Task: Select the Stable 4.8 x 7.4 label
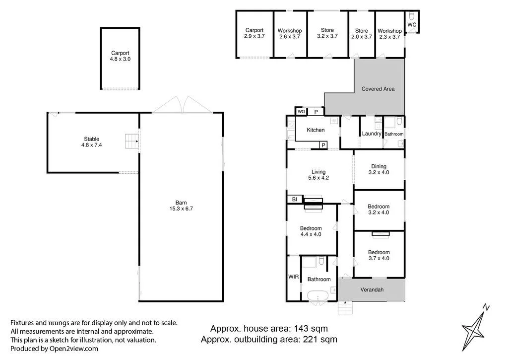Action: tap(91, 142)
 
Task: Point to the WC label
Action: tap(412, 24)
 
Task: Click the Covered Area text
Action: tap(378, 89)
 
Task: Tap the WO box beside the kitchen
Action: tap(301, 112)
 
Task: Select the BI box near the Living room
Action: tap(294, 199)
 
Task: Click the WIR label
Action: tap(294, 277)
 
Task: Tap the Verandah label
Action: tap(372, 290)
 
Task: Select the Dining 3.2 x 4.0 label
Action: tap(379, 169)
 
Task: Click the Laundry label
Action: tap(372, 134)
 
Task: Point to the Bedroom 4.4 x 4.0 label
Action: tap(311, 231)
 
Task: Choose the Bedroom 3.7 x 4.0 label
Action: tap(379, 255)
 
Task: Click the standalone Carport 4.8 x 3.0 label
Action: tap(120, 56)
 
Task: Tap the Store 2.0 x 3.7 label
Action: tap(361, 34)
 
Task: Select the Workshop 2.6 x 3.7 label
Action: tap(289, 34)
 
